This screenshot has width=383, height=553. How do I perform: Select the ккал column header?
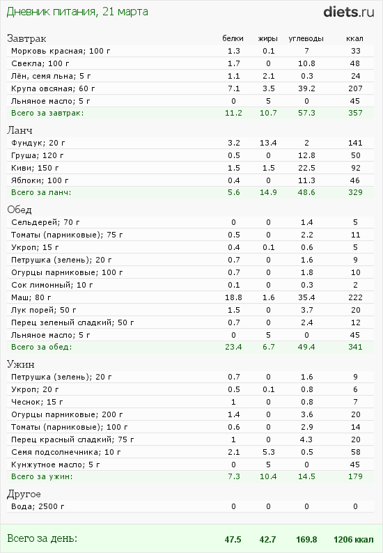pyautogui.click(x=355, y=38)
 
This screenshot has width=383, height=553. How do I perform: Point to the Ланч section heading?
pyautogui.click(x=20, y=130)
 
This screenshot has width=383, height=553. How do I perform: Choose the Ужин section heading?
pyautogui.click(x=21, y=364)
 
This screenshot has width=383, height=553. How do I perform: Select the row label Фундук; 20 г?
pyautogui.click(x=36, y=143)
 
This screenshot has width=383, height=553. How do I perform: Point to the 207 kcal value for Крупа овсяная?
pyautogui.click(x=355, y=88)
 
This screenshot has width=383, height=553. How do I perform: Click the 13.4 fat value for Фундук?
pyautogui.click(x=269, y=143)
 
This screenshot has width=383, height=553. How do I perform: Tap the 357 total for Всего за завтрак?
pyautogui.click(x=355, y=112)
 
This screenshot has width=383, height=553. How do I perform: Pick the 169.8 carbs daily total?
pyautogui.click(x=306, y=539)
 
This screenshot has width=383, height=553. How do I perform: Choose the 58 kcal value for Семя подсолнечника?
pyautogui.click(x=355, y=452)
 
